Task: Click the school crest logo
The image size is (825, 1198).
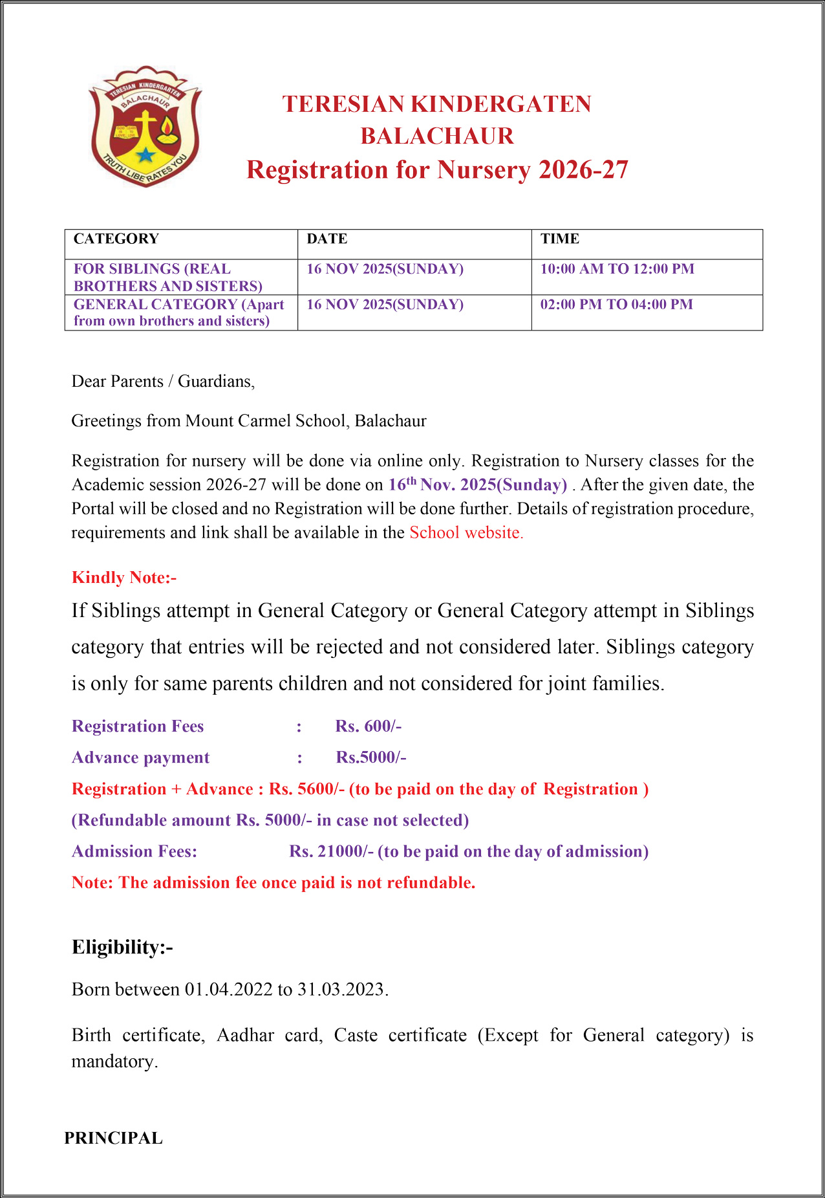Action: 145,126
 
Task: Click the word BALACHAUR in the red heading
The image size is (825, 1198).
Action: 437,136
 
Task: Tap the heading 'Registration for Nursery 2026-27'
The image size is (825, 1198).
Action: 437,169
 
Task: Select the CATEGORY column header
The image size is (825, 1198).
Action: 116,239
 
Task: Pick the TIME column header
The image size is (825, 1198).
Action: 560,239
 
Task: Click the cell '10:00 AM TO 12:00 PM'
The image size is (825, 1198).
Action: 617,269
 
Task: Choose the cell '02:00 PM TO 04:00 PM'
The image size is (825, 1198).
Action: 616,305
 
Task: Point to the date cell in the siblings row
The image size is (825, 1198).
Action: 385,269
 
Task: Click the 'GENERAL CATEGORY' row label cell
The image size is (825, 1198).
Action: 179,312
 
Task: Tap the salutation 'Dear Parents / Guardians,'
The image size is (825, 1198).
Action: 163,382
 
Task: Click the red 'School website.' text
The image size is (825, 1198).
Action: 466,532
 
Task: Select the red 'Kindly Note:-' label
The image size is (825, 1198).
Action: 124,578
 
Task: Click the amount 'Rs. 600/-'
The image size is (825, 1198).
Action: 369,726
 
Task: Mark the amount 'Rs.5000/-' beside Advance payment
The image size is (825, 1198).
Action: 371,757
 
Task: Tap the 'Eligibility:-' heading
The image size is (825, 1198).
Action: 122,947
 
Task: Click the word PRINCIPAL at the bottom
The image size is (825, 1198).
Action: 113,1138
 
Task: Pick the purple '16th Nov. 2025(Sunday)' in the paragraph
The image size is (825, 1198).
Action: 477,485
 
